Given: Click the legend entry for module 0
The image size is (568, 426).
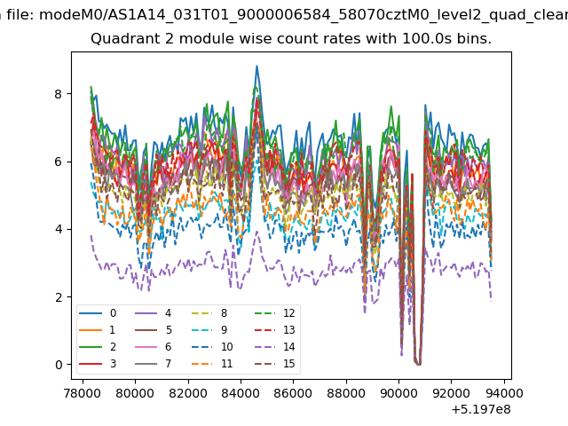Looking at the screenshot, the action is tap(98, 313).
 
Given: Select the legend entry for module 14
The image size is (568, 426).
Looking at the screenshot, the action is tap(275, 347).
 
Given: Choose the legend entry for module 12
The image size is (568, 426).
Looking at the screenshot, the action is tap(275, 313).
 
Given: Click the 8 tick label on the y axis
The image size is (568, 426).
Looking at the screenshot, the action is tap(59, 94).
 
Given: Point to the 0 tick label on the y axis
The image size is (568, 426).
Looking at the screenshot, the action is tap(59, 365).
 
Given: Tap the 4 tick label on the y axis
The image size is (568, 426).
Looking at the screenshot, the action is tap(59, 229).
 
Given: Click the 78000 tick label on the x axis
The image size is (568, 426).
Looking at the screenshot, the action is tap(83, 393).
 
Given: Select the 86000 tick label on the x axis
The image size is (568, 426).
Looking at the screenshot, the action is tap(293, 393).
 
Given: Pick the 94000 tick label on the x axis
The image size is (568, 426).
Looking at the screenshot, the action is tap(504, 393).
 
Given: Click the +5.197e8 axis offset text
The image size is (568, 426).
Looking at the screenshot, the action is tap(481, 410).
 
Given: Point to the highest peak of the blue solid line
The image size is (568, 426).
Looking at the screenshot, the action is tap(256, 66).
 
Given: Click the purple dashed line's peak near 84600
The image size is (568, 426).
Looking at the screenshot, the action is tap(257, 232).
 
